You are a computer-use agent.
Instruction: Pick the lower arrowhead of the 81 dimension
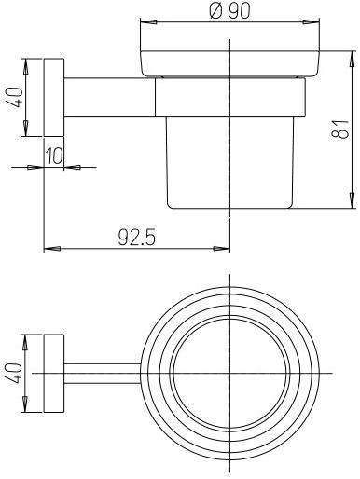(x=352, y=206)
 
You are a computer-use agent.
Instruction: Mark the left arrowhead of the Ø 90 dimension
(x=145, y=21)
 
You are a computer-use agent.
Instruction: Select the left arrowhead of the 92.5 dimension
(x=50, y=248)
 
